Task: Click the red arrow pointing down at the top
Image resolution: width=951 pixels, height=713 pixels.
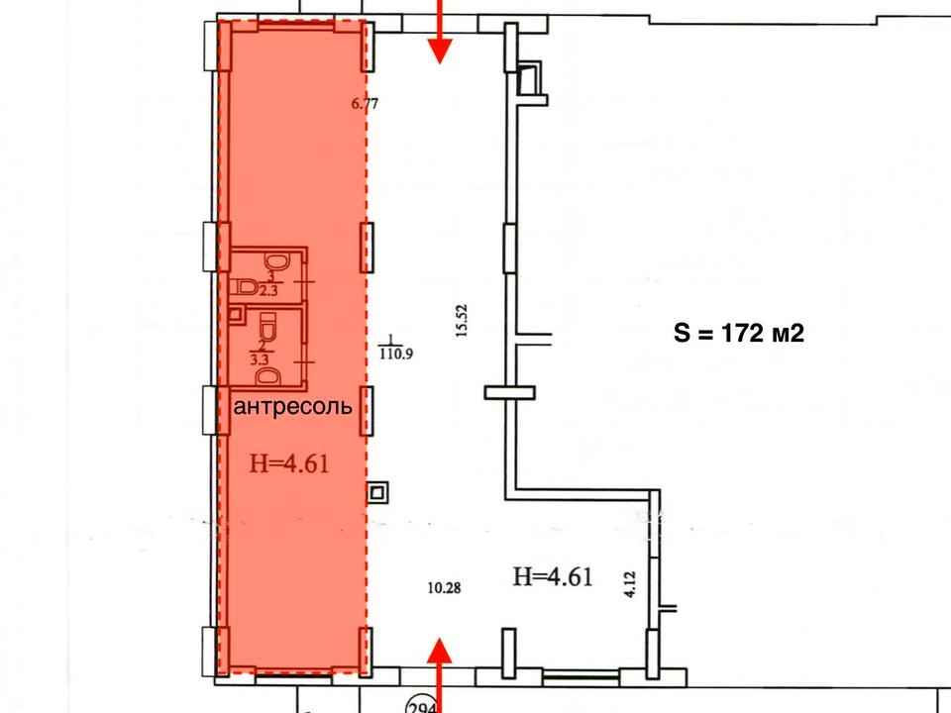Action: point(440,31)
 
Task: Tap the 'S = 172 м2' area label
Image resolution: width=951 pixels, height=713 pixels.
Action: point(739,333)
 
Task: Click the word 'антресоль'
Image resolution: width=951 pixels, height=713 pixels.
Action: point(292,406)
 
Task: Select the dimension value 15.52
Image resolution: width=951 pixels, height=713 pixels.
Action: point(463,320)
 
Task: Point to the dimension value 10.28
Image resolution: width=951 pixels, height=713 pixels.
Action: point(444,587)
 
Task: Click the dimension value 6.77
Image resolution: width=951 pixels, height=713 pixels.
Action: point(365,104)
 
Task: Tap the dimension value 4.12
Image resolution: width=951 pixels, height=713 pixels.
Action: point(630,584)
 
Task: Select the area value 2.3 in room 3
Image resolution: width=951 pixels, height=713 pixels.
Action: point(268,291)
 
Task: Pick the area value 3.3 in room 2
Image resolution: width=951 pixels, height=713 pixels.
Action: point(260,358)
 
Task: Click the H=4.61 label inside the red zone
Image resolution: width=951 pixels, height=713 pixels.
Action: point(289,463)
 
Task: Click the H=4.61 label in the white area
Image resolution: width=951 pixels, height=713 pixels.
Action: point(553,576)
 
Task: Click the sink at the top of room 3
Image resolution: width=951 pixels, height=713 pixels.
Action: point(276,262)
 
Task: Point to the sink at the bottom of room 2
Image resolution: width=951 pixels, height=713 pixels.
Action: point(267,377)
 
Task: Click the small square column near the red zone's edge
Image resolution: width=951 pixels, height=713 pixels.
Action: point(376,492)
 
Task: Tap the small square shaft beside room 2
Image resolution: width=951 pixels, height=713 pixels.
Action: point(237,314)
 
